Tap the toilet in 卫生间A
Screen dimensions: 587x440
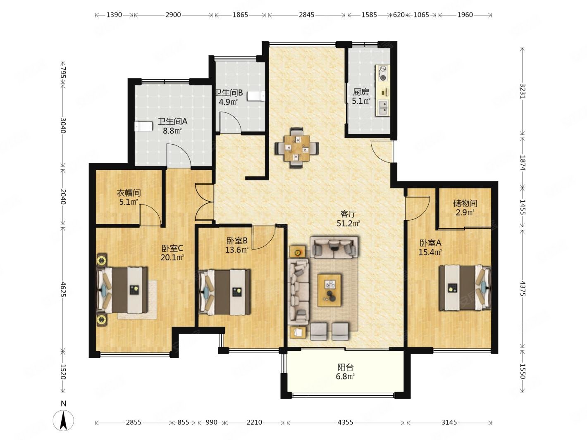[143, 126]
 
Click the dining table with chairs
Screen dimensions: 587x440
[296, 148]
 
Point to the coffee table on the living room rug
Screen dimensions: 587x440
[329, 290]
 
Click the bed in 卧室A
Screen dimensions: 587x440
[465, 288]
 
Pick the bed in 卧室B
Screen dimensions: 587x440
[225, 292]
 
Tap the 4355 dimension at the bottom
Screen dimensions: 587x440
[345, 422]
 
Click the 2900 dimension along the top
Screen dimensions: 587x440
[173, 15]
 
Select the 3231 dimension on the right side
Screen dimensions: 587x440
[522, 91]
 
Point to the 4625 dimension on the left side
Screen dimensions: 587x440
[63, 289]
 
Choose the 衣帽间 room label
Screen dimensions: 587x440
[129, 193]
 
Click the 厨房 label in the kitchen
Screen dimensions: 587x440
[361, 92]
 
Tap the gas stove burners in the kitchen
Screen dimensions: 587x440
[383, 73]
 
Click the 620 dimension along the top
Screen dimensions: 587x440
[399, 15]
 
